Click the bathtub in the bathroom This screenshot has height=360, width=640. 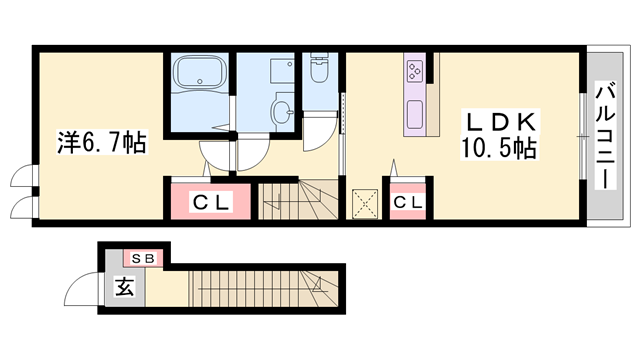[200, 71]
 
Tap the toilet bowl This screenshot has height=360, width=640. [319, 68]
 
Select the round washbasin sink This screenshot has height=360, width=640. [282, 111]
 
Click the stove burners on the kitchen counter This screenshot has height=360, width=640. [415, 70]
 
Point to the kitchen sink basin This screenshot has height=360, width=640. [415, 114]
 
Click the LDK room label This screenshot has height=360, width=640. [500, 121]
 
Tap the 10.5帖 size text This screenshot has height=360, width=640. [499, 148]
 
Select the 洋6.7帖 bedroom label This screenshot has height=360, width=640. [102, 142]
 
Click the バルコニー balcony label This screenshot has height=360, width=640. [605, 136]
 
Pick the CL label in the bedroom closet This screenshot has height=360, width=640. [211, 202]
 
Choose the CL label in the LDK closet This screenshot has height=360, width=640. [408, 202]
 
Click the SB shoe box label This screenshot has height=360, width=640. [143, 258]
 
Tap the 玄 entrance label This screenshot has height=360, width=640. [125, 287]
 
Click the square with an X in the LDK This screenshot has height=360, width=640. [364, 203]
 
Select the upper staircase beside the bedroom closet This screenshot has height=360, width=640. [298, 201]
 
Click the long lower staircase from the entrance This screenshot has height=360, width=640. [263, 289]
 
